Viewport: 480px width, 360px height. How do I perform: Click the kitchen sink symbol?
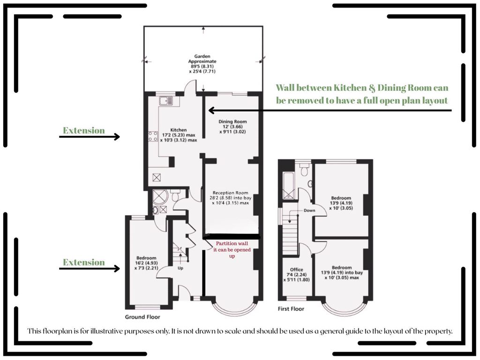[x=166, y=100]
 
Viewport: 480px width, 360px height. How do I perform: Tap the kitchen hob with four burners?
[x=153, y=136]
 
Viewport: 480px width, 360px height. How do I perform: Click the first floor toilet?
[x=304, y=169]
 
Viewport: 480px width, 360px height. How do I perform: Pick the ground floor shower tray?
[x=160, y=197]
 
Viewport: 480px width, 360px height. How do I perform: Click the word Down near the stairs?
[x=309, y=210]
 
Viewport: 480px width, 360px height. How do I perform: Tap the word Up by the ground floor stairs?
[x=180, y=268]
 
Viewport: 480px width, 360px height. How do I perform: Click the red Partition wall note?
[x=232, y=249]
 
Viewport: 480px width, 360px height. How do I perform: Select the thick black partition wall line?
[x=232, y=237]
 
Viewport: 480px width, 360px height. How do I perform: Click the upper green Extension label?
[x=84, y=130]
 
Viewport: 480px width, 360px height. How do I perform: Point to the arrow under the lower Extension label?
[x=90, y=269]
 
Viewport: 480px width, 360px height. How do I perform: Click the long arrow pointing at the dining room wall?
[x=330, y=110]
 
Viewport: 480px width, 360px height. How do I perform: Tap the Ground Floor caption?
[x=142, y=317]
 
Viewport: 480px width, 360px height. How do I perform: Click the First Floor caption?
[x=291, y=309]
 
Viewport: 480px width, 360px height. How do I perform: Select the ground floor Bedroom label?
[x=146, y=262]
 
